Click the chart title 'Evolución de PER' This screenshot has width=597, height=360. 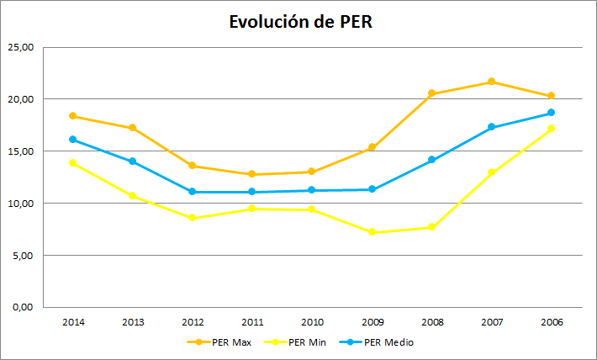pos(299,22)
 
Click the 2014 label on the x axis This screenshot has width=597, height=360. pos(73,321)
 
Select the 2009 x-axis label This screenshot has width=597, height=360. pos(372,321)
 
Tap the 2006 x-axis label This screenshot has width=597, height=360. pos(551,321)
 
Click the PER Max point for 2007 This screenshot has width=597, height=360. pos(491,82)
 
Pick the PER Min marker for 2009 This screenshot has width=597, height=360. pos(372,232)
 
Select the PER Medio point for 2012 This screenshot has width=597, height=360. pos(193,192)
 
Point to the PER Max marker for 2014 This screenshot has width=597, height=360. pos(73,116)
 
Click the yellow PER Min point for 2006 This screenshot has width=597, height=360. pos(551,129)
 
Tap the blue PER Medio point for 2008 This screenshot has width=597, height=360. pos(431,160)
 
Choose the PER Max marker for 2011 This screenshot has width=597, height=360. pos(252,174)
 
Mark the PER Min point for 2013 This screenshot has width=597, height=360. pos(133,196)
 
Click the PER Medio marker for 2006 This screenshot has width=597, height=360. pos(551,113)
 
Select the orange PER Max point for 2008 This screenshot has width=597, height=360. pos(431,93)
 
